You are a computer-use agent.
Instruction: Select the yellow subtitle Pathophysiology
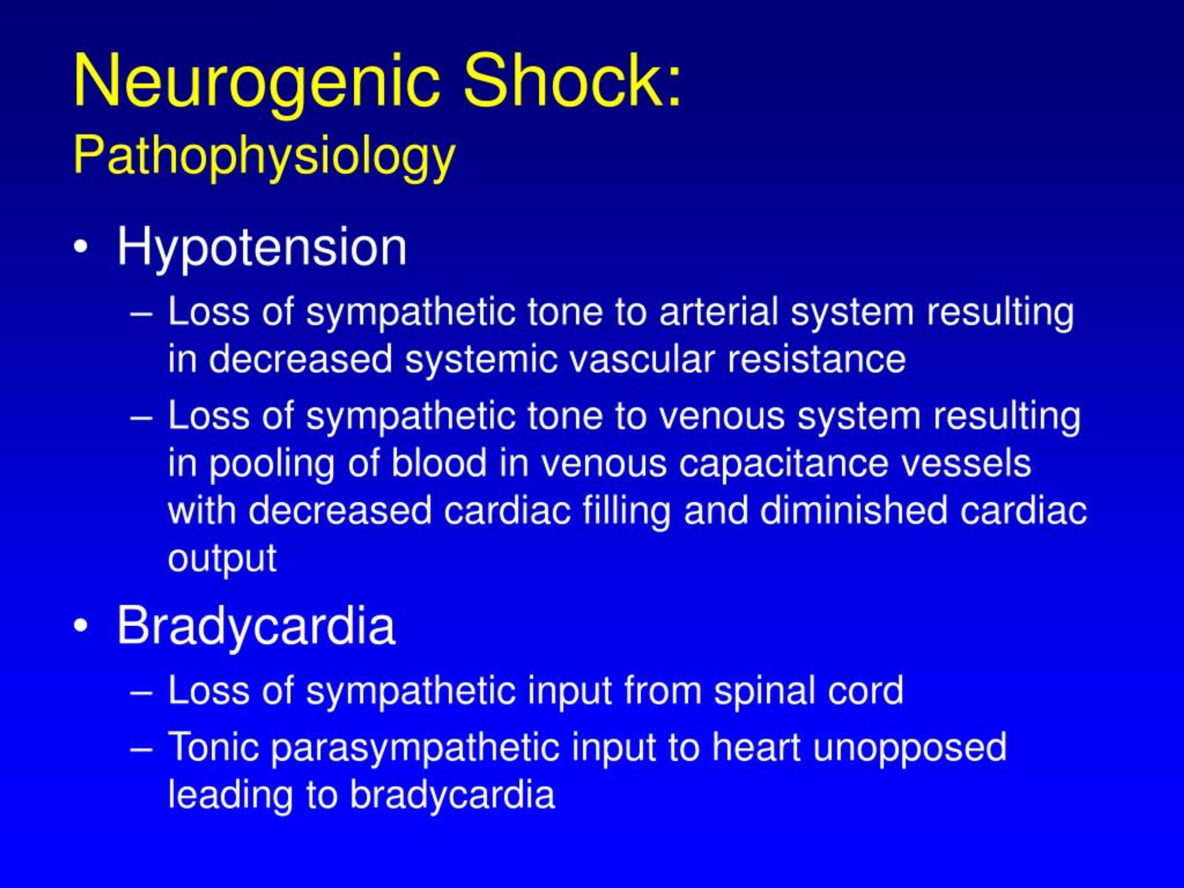265,157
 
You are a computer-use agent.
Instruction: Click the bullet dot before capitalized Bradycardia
81,626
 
